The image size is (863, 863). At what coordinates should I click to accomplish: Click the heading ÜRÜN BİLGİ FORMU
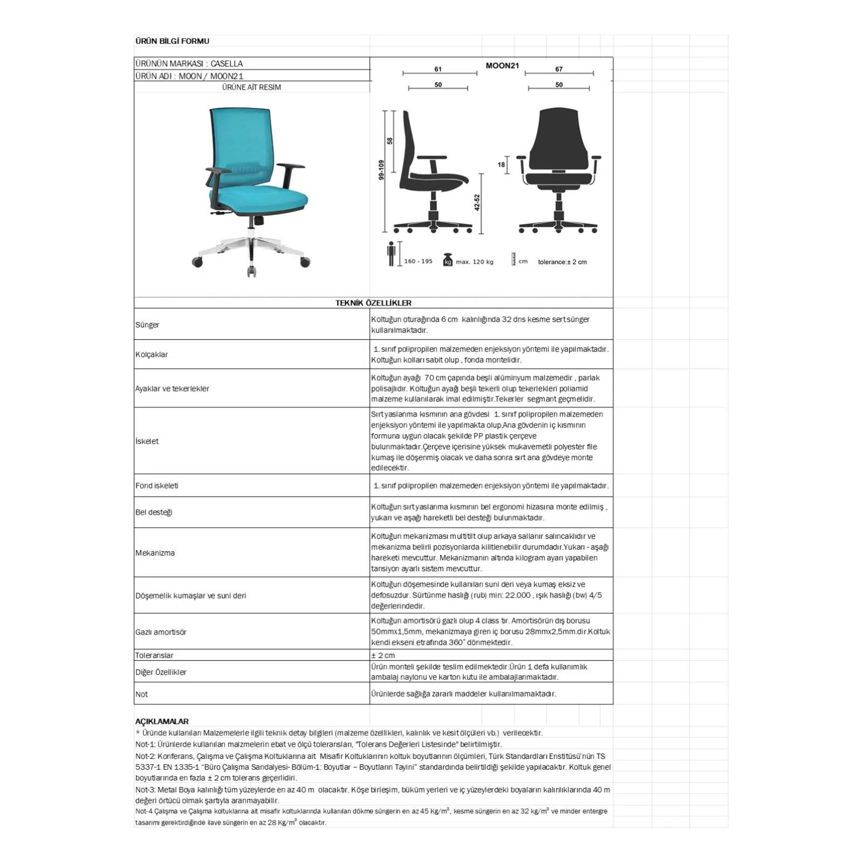click(172, 41)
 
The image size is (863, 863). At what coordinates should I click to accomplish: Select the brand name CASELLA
click(227, 64)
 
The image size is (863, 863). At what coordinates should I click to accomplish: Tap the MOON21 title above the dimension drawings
click(502, 66)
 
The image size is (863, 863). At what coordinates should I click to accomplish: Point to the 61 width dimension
click(438, 69)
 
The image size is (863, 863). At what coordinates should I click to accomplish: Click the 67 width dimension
click(559, 69)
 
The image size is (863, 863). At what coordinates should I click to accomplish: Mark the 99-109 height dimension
click(381, 170)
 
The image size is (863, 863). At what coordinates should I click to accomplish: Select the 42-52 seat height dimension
click(477, 202)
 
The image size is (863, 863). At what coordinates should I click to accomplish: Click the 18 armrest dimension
click(501, 165)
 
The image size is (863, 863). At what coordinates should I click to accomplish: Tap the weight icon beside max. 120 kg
click(447, 260)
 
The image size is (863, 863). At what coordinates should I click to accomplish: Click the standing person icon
click(392, 254)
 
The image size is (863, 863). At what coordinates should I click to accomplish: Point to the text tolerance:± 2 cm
click(562, 262)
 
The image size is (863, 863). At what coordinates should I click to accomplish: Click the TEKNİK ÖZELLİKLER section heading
click(373, 303)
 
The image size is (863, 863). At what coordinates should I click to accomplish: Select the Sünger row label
click(147, 325)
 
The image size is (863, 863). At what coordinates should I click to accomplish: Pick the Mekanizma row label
click(155, 553)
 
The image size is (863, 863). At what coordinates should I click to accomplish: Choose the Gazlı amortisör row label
click(161, 632)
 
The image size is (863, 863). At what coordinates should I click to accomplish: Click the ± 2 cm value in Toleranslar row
click(383, 655)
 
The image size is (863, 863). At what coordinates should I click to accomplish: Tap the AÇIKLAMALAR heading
click(162, 721)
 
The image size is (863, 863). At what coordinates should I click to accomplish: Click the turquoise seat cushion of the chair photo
click(264, 197)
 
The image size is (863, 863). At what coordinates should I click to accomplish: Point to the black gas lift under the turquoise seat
click(257, 220)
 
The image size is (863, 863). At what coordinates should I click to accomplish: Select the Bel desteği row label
click(154, 512)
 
